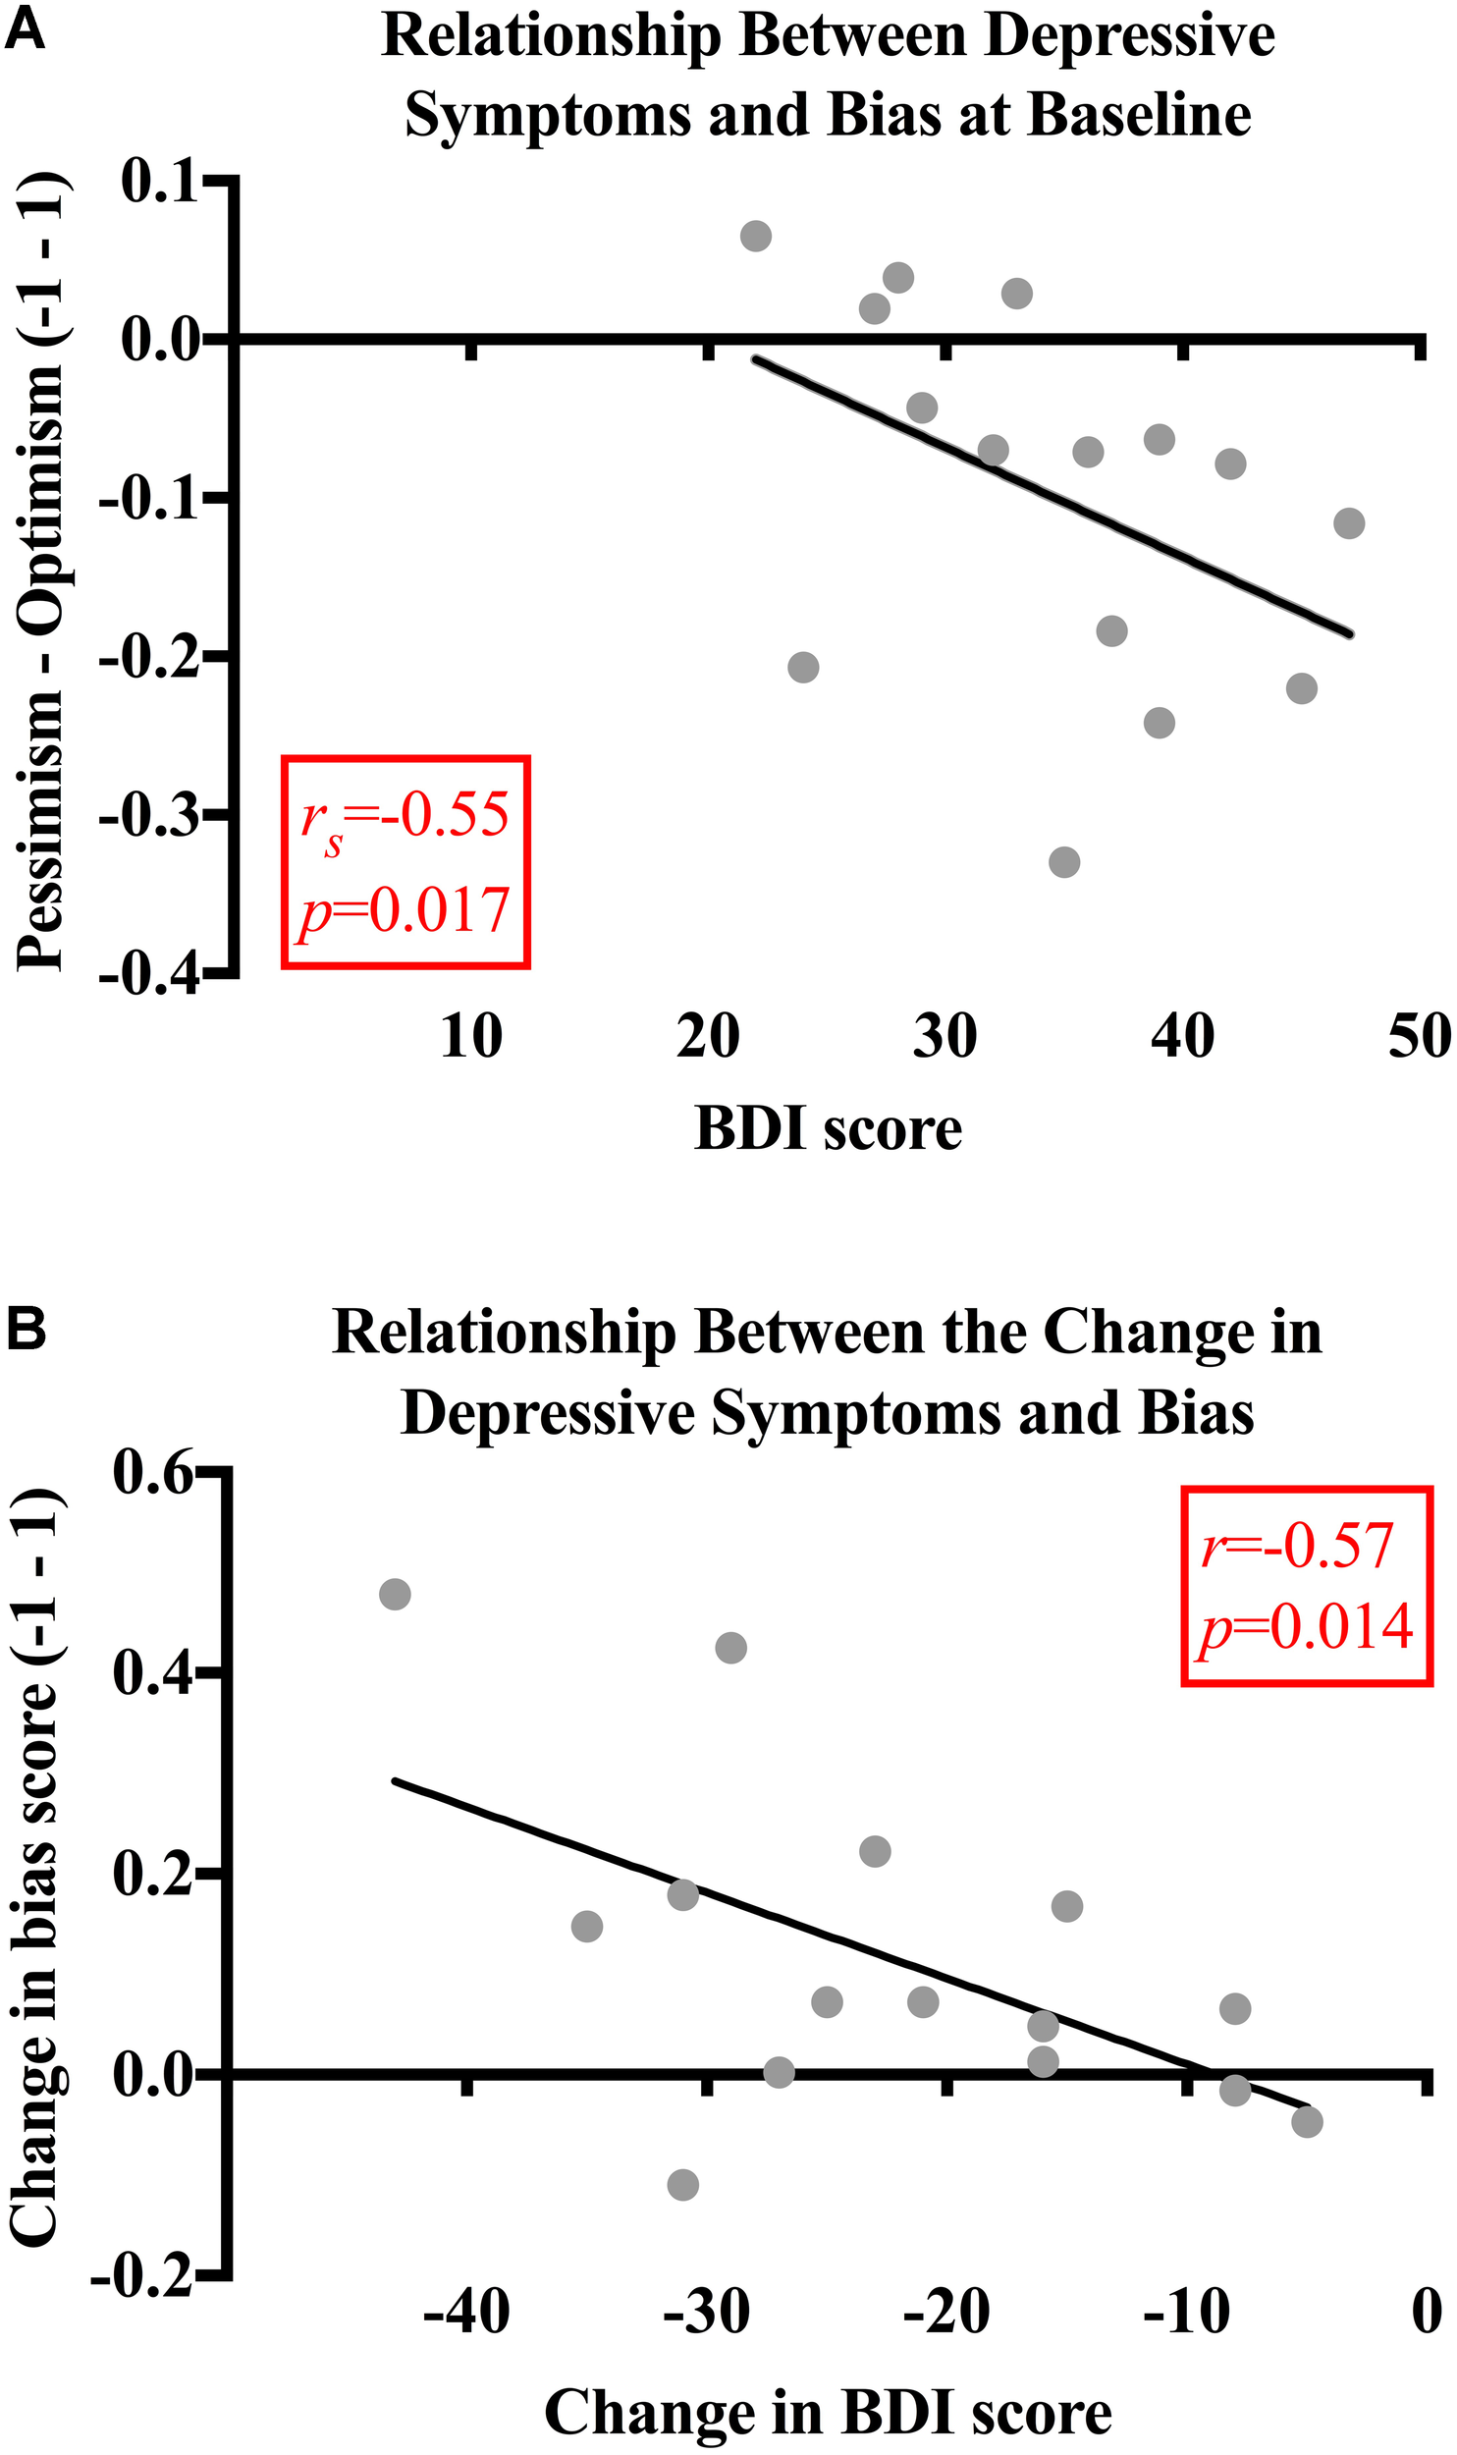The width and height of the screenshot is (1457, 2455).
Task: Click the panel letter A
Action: tap(26, 32)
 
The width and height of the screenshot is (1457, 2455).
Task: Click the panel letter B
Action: tap(27, 1331)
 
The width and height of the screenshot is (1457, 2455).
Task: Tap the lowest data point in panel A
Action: tap(1064, 862)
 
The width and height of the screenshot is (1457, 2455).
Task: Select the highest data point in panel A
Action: tap(755, 236)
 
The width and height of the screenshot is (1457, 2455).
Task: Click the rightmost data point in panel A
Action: tap(1349, 523)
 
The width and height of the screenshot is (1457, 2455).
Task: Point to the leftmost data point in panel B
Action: tap(395, 1594)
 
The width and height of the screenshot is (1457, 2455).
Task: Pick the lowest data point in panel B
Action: tap(682, 2185)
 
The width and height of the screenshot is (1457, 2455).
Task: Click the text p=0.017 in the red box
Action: tap(405, 911)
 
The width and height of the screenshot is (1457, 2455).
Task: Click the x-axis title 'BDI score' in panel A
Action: tap(828, 1128)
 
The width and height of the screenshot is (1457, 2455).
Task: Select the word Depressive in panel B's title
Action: tap(550, 1414)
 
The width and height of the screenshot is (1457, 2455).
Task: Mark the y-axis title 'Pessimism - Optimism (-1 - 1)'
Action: tap(41, 574)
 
